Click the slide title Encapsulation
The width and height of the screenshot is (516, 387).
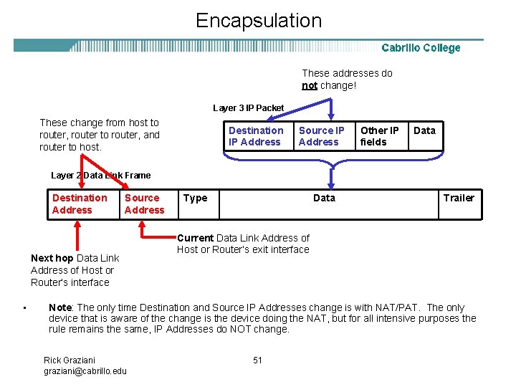(x=259, y=20)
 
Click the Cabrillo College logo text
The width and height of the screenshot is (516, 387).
(x=421, y=48)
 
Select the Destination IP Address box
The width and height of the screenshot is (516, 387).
(x=256, y=136)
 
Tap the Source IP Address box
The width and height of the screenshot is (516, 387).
(x=322, y=136)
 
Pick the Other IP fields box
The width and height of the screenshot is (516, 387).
(x=380, y=136)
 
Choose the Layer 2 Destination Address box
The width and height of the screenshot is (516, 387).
(x=80, y=204)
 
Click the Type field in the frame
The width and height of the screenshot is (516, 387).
(x=196, y=199)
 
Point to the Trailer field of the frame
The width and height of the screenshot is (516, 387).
(x=459, y=199)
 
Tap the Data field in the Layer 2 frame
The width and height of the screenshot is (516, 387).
(x=324, y=199)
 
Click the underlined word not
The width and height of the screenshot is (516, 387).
(x=310, y=85)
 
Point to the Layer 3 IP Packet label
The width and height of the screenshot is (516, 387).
(x=248, y=108)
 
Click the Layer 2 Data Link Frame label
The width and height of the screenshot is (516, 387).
(x=101, y=175)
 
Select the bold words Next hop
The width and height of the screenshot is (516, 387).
(x=52, y=258)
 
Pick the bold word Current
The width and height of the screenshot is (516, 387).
(x=195, y=238)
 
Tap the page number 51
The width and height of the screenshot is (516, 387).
(x=258, y=360)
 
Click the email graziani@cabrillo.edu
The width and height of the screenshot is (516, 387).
(x=85, y=371)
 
